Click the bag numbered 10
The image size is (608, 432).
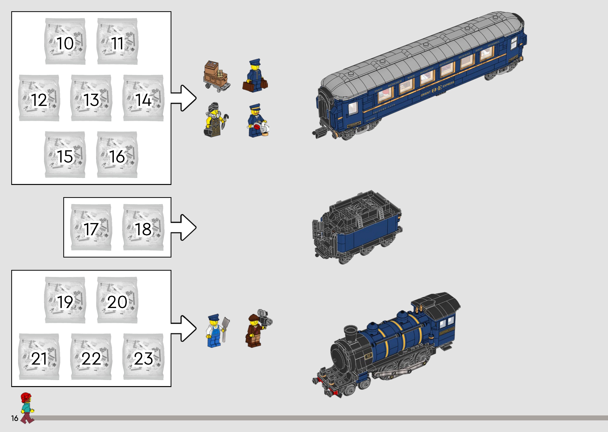[x=65, y=42]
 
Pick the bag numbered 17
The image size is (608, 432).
[x=91, y=227]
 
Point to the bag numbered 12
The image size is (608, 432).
[x=39, y=98]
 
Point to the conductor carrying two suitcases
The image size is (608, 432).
[x=255, y=76]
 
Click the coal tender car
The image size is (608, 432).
[x=357, y=227]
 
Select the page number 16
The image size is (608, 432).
[x=15, y=418]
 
